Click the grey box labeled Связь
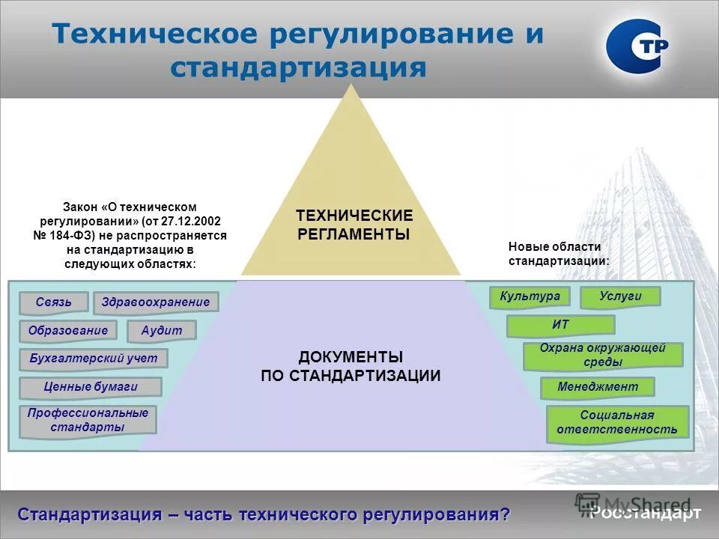pyautogui.click(x=53, y=302)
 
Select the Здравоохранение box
pyautogui.click(x=156, y=302)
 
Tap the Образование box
pyautogui.click(x=68, y=330)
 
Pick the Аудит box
pyautogui.click(x=162, y=330)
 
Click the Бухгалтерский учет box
pyautogui.click(x=94, y=358)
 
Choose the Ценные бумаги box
pyautogui.click(x=90, y=386)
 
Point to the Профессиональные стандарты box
pyautogui.click(x=88, y=420)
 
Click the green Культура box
pyautogui.click(x=530, y=296)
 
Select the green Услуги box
pyautogui.click(x=620, y=296)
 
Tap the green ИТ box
pyautogui.click(x=560, y=325)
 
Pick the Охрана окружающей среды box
pyautogui.click(x=602, y=356)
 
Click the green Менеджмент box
pyautogui.click(x=598, y=387)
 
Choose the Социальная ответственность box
pyautogui.click(x=617, y=423)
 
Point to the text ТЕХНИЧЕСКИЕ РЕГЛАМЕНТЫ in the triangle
pyautogui.click(x=354, y=225)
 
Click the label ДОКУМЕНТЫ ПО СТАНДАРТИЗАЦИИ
pyautogui.click(x=351, y=367)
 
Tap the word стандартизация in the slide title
pyautogui.click(x=298, y=69)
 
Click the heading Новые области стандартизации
pyautogui.click(x=559, y=254)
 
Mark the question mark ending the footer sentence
pyautogui.click(x=506, y=514)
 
